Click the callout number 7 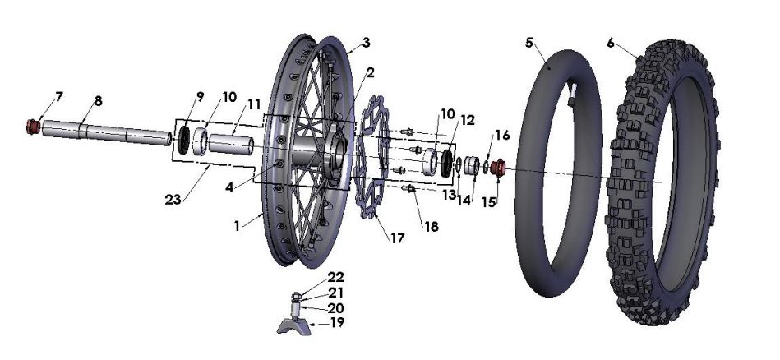(x=58, y=97)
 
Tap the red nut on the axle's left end (x=33, y=127)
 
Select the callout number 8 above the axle (x=98, y=102)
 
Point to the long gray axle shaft (x=107, y=133)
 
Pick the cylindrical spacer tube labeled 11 (x=234, y=140)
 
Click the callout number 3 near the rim (x=366, y=42)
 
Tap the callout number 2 (x=371, y=73)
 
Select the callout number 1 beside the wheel (x=238, y=224)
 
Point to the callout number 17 (x=397, y=239)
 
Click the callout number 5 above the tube (x=529, y=42)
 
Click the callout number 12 (x=468, y=120)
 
